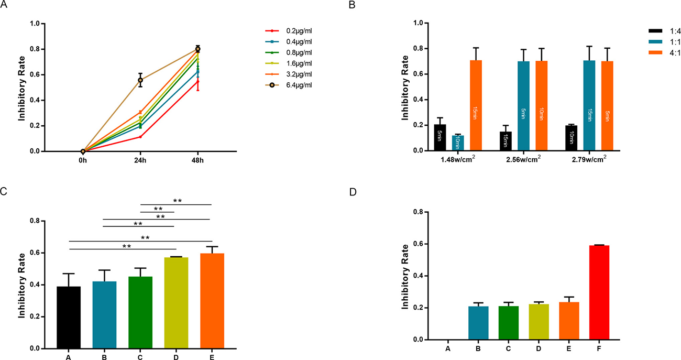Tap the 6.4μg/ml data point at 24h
point(140,80)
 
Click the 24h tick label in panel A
point(140,160)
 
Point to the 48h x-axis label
point(197,160)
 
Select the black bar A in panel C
point(69,317)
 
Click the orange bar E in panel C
point(212,301)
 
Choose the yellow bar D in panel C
point(176,303)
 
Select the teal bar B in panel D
point(478,323)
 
